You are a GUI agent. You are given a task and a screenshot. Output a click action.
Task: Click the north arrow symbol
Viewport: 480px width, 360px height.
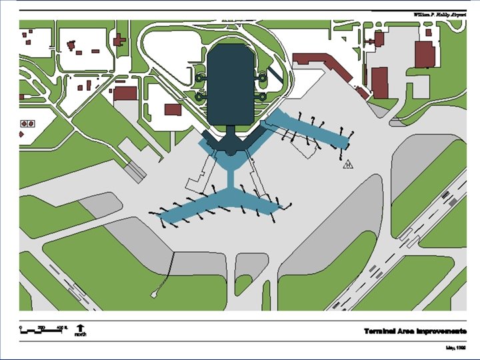pos(81,327)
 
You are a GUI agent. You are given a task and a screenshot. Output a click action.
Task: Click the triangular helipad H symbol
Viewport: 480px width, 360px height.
pos(348,164)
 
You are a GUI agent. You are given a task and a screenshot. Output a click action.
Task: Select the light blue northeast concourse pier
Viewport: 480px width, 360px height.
pos(307,129)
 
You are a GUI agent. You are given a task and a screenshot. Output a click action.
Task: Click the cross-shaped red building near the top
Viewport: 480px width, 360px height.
pos(120,41)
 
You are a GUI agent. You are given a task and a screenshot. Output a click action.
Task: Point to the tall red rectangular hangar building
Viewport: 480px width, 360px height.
pos(379,82)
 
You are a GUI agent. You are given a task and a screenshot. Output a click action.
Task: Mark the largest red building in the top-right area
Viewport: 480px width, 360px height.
pos(425,54)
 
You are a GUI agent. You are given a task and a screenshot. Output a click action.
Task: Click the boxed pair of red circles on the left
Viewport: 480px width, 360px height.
pos(28,123)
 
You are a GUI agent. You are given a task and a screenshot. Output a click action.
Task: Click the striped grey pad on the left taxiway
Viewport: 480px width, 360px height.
pos(136,170)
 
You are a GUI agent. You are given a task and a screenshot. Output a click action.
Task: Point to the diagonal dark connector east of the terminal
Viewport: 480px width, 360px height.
pos(274,73)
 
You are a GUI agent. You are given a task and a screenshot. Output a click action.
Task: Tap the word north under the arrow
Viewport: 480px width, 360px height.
pos(81,335)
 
